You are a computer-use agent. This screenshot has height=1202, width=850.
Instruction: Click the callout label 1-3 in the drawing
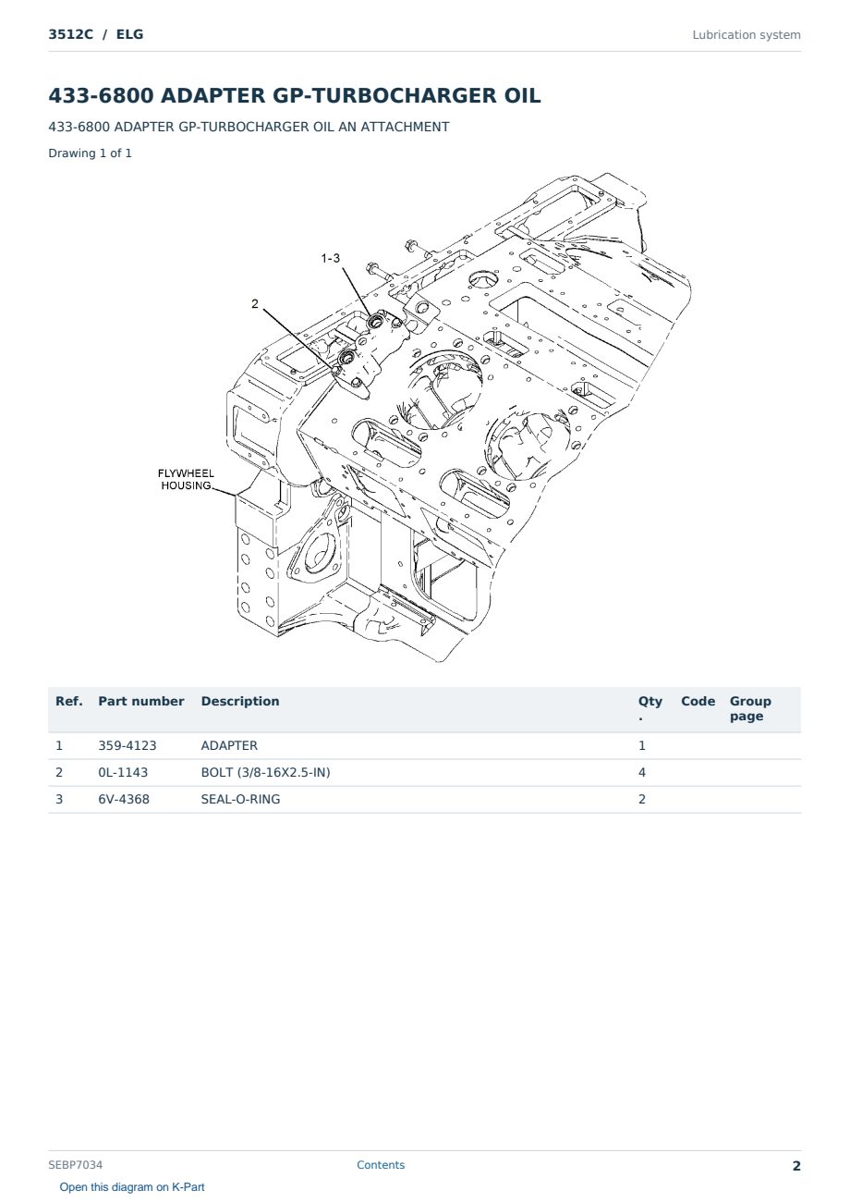[331, 258]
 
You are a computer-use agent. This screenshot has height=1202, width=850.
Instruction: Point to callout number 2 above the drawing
[255, 303]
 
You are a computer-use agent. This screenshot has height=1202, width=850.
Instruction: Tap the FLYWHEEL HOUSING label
[186, 479]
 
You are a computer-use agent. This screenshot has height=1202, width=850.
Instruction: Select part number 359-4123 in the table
[127, 745]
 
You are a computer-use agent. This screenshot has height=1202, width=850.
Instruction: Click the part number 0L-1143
[123, 772]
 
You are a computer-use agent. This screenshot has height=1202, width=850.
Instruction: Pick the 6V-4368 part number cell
[124, 799]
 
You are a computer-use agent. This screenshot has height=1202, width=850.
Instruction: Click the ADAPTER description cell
[229, 745]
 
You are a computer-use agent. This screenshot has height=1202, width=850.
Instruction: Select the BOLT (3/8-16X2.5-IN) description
[265, 772]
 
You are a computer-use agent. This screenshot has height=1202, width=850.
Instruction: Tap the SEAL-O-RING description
[240, 799]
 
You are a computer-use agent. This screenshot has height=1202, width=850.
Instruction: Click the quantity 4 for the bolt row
[642, 772]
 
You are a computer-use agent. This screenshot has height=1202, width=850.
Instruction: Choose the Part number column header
[141, 701]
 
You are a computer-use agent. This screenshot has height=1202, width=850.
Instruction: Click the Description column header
[240, 701]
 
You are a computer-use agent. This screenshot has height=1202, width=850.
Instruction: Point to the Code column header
[698, 701]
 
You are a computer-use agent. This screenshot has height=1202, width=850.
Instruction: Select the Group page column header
[750, 708]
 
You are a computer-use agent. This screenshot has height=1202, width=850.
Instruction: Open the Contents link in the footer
[381, 1165]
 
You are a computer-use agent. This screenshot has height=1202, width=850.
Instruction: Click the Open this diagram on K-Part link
[132, 1187]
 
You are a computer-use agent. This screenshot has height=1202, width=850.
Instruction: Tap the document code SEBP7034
[76, 1165]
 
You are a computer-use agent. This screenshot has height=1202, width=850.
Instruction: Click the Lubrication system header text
[747, 35]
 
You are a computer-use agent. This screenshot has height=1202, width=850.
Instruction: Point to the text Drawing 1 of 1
[91, 153]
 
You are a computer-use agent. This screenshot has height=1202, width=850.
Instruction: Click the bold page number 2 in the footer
[796, 1166]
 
